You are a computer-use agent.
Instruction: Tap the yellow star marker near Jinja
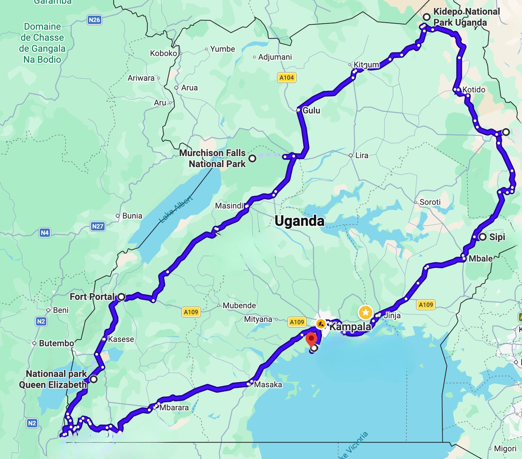[365, 313]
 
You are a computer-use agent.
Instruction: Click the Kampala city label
[350, 327]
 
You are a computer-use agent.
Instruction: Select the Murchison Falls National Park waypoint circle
[253, 158]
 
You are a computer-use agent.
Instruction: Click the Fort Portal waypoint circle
[122, 297]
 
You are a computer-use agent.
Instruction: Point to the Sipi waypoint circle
[482, 237]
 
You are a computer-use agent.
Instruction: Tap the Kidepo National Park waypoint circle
[426, 17]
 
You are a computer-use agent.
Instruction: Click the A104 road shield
[286, 78]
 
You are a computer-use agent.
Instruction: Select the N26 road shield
[94, 20]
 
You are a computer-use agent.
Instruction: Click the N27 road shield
[98, 226]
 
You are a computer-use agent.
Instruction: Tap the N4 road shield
[45, 233]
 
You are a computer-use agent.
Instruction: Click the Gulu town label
[311, 110]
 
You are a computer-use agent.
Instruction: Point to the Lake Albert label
[176, 209]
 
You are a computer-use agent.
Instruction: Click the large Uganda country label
[299, 221]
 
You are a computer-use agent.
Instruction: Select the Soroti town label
[430, 202]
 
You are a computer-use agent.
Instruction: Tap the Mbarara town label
[174, 408]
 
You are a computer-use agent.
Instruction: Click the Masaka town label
[268, 385]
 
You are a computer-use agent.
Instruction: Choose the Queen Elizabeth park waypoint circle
[94, 379]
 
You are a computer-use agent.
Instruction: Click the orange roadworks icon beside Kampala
[321, 324]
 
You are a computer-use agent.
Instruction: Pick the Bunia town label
[132, 216]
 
